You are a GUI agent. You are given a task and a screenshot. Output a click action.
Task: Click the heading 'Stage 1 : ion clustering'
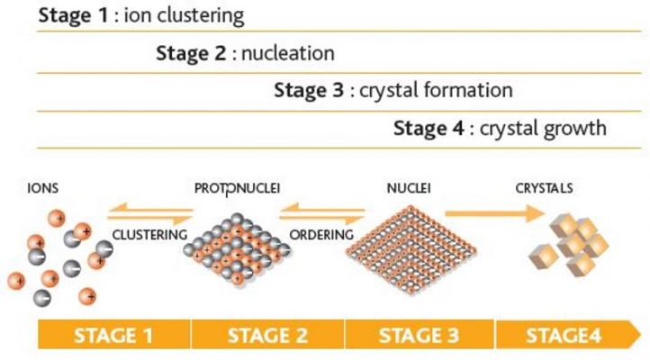(x=141, y=16)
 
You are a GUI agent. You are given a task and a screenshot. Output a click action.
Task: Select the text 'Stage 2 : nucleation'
(x=245, y=53)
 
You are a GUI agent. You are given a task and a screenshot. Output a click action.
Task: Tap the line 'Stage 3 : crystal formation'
(x=393, y=90)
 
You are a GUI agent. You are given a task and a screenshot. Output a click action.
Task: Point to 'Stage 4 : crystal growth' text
(x=500, y=128)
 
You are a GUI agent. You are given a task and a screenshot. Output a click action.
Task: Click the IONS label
(x=43, y=189)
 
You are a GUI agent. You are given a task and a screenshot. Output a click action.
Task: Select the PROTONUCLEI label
(x=238, y=189)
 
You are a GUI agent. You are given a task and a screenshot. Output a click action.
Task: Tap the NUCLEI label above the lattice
(x=407, y=189)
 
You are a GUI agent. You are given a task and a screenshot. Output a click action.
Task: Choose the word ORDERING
(x=320, y=234)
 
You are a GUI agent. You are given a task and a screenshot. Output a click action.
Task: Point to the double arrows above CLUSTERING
(x=150, y=213)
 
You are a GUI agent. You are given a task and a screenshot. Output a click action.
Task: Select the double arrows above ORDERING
(x=321, y=213)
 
